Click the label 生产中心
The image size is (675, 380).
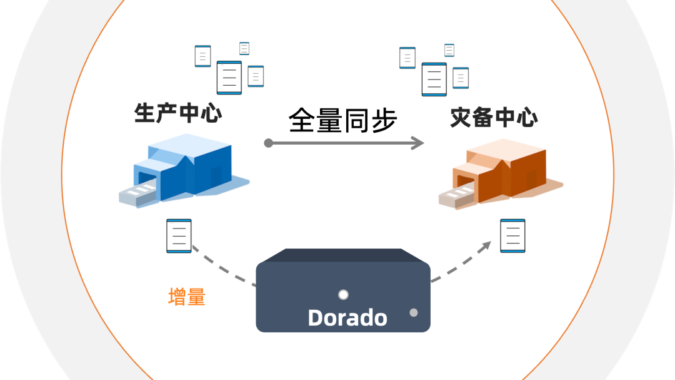click(178, 113)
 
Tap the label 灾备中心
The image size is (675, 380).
click(494, 117)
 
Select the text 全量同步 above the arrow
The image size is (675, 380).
click(342, 120)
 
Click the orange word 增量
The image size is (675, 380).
click(187, 297)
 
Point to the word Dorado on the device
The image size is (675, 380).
click(347, 317)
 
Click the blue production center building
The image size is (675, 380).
click(187, 166)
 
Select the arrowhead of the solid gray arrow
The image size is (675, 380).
click(418, 143)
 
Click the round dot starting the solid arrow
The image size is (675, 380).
click(268, 143)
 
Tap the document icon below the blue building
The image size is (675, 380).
click(179, 235)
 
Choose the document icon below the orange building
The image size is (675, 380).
click(512, 235)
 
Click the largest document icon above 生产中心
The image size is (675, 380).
click(229, 78)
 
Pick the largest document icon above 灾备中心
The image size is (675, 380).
click(434, 79)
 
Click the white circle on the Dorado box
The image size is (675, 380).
click(342, 295)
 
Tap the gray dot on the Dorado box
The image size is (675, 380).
click(413, 312)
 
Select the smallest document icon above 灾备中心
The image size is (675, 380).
click(449, 50)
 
